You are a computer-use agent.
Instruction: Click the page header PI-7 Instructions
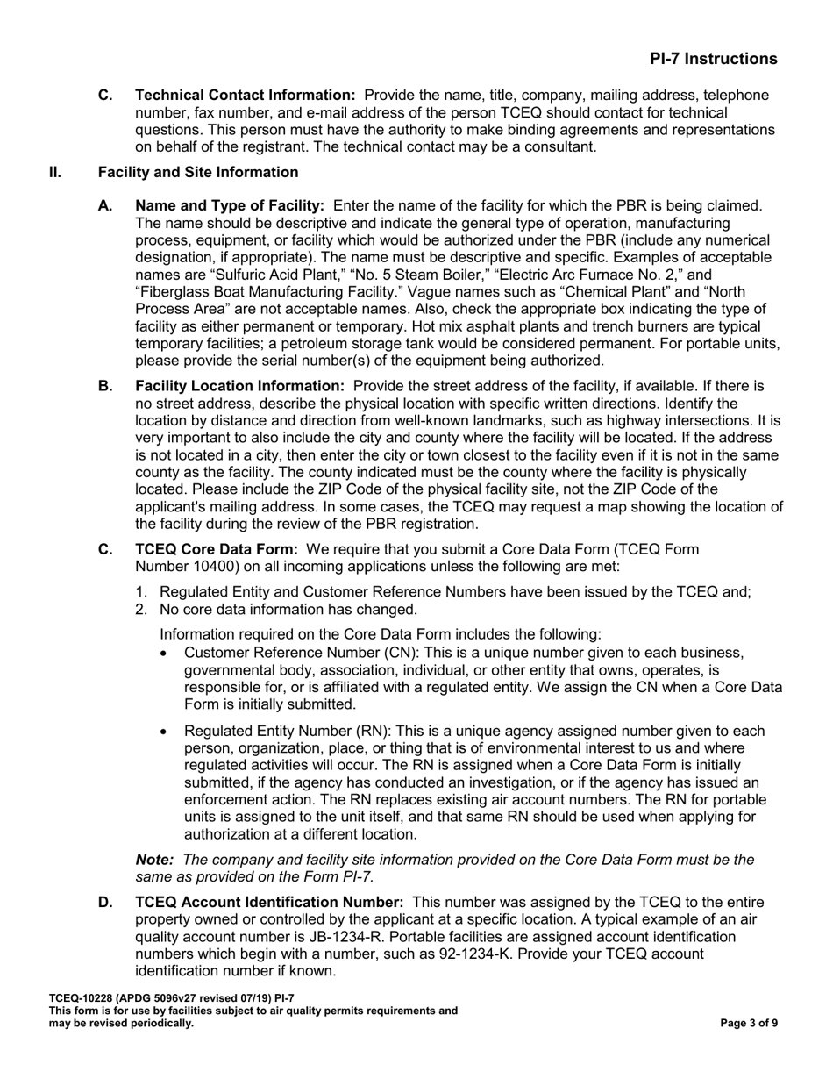pos(713,59)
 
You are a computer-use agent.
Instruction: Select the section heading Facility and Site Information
pos(216,172)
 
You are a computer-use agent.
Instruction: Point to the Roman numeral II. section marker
pos(55,172)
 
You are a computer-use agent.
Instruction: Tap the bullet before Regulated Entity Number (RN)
pos(167,732)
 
